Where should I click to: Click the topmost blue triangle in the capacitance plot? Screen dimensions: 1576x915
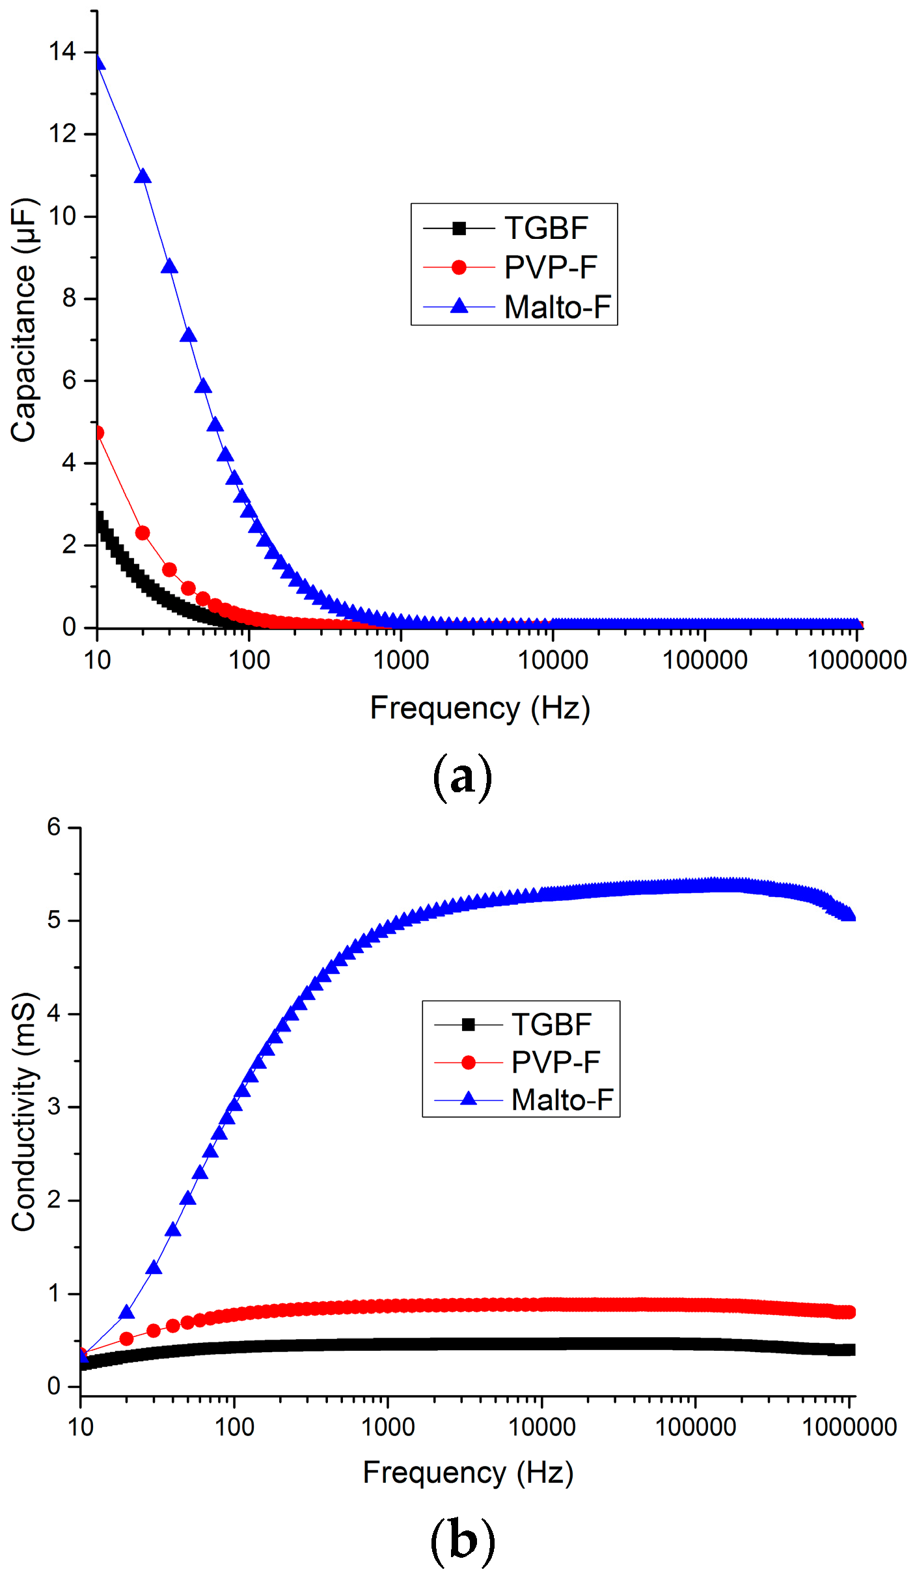point(99,62)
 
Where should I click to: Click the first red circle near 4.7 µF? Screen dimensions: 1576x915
point(98,433)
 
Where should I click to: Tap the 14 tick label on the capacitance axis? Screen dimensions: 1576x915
point(62,52)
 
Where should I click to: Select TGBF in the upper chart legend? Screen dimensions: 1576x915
point(546,228)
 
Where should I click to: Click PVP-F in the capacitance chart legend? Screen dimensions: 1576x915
point(551,268)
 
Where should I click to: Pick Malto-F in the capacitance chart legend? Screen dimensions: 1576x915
point(558,307)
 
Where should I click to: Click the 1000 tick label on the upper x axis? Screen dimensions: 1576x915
point(401,661)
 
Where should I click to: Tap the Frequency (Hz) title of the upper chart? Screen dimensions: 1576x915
point(480,708)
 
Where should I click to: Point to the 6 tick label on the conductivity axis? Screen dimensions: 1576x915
point(53,827)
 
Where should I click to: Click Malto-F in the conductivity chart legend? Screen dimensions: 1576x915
point(562,1100)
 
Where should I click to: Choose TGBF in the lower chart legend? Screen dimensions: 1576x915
point(551,1025)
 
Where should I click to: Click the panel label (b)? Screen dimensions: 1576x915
point(462,1540)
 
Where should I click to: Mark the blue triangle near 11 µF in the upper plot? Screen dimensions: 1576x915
point(143,176)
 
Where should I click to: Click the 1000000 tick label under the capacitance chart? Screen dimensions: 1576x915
point(856,661)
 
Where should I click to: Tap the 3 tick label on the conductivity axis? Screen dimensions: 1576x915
point(53,1107)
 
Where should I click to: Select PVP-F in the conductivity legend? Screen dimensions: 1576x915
point(555,1062)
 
